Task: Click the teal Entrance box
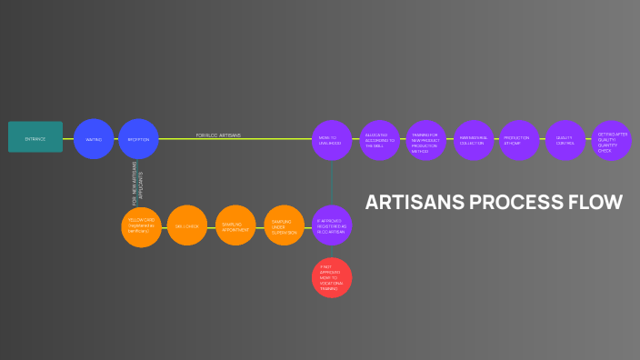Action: (x=35, y=137)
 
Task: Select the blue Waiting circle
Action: (x=94, y=139)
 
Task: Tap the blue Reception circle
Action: (x=138, y=139)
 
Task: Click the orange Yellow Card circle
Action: (x=141, y=226)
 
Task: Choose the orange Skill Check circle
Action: (x=187, y=225)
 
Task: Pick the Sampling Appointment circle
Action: (x=236, y=225)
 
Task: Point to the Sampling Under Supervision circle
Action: (x=285, y=225)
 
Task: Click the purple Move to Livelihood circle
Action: (x=331, y=140)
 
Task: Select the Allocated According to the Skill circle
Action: (x=379, y=140)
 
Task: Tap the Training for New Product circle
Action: (x=426, y=140)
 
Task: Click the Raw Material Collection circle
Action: (x=474, y=140)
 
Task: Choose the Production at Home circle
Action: (x=519, y=140)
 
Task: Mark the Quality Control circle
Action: (x=565, y=140)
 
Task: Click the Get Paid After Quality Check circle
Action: (x=611, y=140)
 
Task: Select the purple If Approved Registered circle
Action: (x=332, y=225)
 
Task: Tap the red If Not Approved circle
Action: (x=332, y=277)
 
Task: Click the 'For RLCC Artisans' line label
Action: (x=218, y=135)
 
